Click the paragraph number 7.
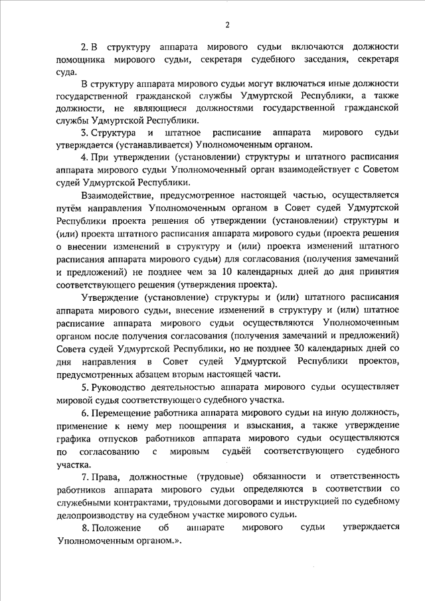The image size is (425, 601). [x=84, y=477]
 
